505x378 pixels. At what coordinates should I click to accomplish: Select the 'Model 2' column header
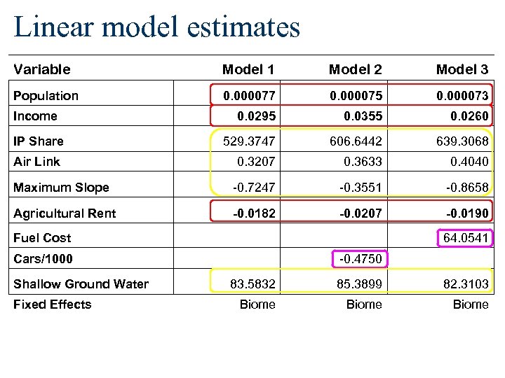(355, 69)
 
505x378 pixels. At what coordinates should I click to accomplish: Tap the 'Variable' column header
(42, 69)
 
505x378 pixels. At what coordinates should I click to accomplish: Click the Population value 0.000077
(249, 95)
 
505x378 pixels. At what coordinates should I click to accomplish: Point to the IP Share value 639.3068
(462, 141)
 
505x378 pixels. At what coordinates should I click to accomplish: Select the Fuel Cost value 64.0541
(466, 238)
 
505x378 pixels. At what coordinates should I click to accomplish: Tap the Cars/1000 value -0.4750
(361, 259)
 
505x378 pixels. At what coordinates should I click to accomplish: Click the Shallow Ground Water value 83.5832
(252, 283)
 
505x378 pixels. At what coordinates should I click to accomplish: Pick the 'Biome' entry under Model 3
(471, 304)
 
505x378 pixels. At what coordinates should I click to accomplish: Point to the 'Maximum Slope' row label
(61, 188)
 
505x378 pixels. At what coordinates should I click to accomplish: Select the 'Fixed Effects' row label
(52, 304)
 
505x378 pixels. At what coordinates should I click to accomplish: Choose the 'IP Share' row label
(39, 141)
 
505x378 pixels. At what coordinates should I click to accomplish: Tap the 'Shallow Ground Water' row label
(81, 283)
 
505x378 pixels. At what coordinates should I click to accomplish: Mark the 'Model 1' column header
(248, 69)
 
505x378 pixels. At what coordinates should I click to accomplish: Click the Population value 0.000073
(462, 95)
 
